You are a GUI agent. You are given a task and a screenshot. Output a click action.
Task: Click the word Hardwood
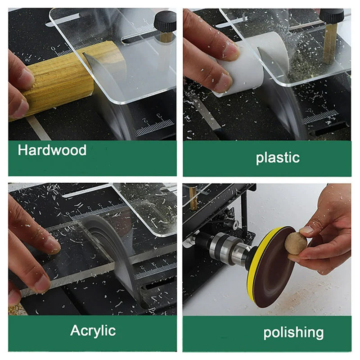[x=52, y=150]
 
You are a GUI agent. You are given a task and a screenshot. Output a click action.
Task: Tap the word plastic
[x=278, y=157]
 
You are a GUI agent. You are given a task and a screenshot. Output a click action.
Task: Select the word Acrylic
[x=93, y=330]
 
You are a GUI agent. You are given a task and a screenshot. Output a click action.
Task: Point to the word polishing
[x=293, y=333]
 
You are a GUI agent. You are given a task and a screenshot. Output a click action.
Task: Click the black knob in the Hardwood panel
[x=165, y=21]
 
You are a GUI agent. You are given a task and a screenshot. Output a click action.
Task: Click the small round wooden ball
[x=296, y=243]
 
